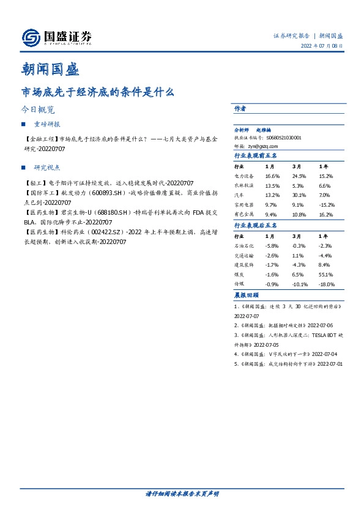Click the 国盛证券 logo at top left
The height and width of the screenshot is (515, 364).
(56, 38)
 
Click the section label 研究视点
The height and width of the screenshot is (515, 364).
(46, 167)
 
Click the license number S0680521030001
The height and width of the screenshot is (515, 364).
(282, 138)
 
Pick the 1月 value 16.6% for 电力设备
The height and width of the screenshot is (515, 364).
(272, 176)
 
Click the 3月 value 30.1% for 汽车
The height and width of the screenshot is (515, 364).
(299, 195)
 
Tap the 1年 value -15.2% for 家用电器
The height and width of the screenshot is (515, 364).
(327, 205)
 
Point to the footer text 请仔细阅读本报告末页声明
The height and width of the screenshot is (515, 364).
(182, 493)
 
